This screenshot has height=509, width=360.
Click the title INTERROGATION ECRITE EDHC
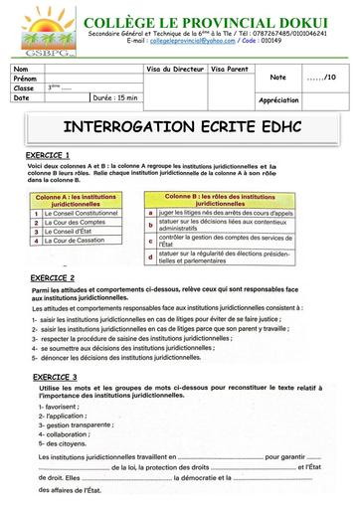point(180,130)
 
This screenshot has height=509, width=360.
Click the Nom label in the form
point(22,69)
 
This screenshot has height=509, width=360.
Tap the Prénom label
point(26,78)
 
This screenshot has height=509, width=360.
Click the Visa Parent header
point(231,69)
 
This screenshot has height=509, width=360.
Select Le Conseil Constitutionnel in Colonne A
point(83,212)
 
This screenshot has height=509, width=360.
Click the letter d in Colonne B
point(148,256)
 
